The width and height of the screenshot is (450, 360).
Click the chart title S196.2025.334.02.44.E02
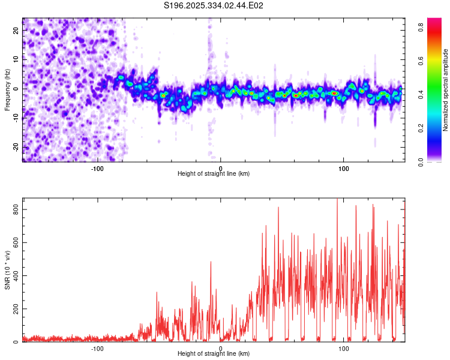point(214,5)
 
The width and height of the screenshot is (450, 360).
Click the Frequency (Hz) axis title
point(7,89)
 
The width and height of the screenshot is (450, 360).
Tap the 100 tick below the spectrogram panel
point(344,167)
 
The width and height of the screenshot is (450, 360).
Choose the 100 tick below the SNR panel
point(344,348)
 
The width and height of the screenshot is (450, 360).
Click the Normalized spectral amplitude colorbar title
point(446,90)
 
